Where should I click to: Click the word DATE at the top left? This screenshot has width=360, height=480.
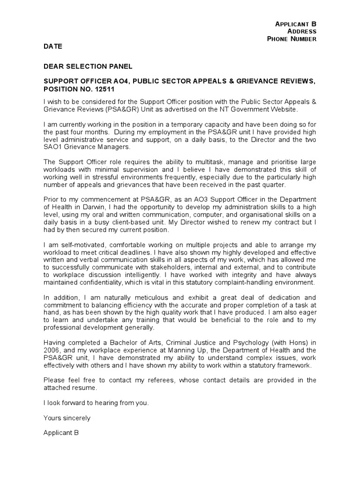click(52, 47)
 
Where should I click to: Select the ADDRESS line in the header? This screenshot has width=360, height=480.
click(302, 31)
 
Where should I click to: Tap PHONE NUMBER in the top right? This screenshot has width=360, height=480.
click(292, 39)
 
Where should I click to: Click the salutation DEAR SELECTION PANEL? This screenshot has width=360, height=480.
click(88, 67)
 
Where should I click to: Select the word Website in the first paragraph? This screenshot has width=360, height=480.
click(283, 109)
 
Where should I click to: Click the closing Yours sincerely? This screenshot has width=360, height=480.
click(67, 418)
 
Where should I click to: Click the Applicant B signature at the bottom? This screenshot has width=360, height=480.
click(61, 433)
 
